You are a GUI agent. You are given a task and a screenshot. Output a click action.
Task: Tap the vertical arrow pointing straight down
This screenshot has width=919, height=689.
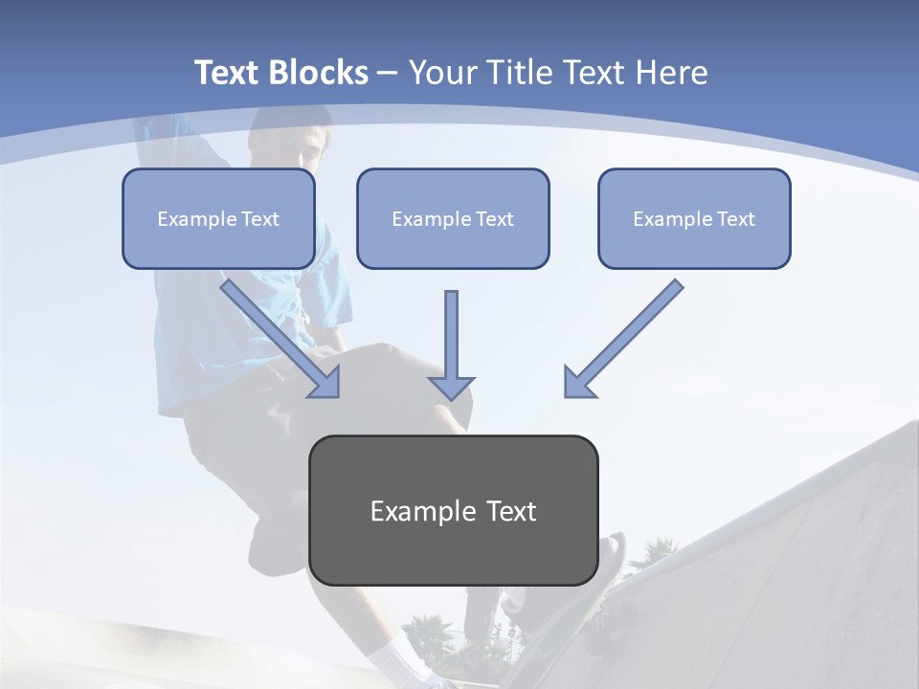pyautogui.click(x=451, y=344)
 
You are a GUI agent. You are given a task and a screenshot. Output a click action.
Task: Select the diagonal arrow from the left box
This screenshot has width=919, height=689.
pyautogui.click(x=281, y=339)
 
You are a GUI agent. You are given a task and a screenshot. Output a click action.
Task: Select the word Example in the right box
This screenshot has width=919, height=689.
pyautogui.click(x=669, y=219)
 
